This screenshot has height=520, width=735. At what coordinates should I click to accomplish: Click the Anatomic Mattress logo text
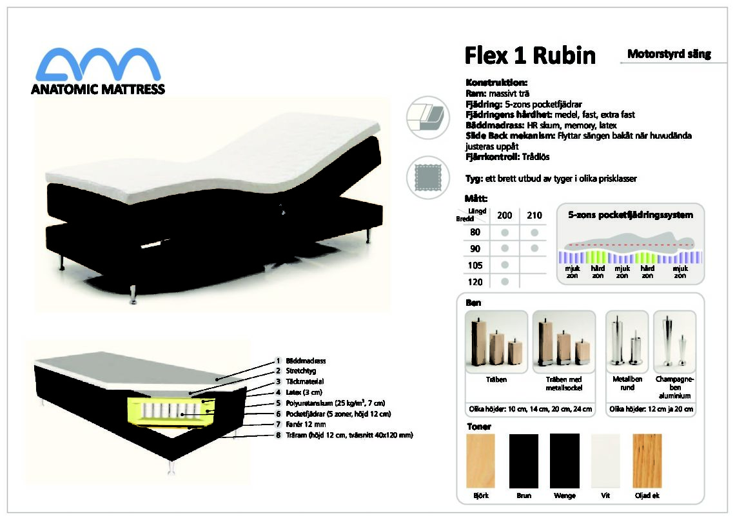coord(98,89)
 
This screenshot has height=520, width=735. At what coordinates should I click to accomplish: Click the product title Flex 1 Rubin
coord(530,55)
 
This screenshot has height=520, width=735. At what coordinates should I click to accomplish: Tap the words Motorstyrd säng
coord(669,54)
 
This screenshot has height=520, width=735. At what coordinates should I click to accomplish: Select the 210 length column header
coord(534,215)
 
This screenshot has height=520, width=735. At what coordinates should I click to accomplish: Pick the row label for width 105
coord(475,265)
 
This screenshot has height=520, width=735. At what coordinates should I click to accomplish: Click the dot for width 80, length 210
coord(534,232)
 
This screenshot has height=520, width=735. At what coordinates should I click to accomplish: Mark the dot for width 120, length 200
coord(505,282)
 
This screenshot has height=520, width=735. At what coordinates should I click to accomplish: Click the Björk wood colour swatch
coord(480,461)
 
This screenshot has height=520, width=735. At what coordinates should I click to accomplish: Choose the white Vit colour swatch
coord(605,461)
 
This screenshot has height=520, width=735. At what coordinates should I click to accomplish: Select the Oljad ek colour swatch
coord(647,461)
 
